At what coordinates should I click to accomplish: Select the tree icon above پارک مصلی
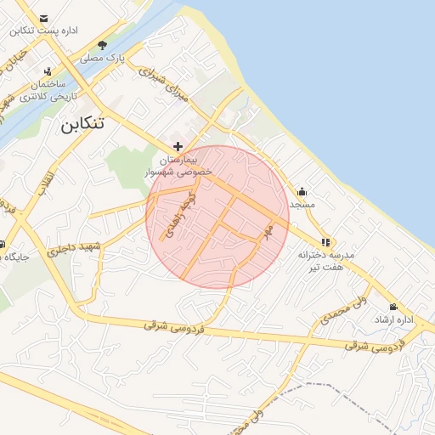click(x=103, y=45)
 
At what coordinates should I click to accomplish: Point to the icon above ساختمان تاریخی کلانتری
click(x=48, y=71)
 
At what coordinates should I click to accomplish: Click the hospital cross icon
click(x=178, y=146)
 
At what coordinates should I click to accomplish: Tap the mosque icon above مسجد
click(x=302, y=191)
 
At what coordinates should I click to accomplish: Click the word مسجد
click(x=302, y=205)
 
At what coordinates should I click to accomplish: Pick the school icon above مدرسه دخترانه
click(x=325, y=241)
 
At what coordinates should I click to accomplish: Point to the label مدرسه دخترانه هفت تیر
click(x=325, y=261)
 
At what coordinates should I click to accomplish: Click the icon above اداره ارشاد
click(x=393, y=307)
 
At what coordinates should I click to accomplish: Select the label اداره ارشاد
click(x=393, y=320)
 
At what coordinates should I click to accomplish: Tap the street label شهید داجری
click(x=75, y=247)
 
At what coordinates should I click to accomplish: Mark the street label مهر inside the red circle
click(x=268, y=231)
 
